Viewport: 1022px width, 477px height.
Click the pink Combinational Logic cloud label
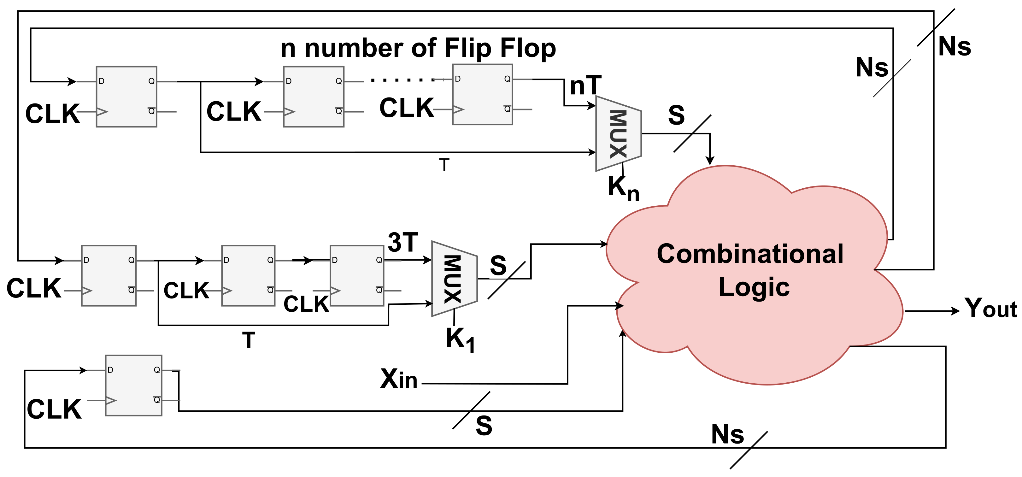(750, 270)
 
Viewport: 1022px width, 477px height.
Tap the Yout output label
(991, 308)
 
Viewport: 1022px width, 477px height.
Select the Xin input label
(398, 379)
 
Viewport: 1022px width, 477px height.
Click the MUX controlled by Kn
(618, 134)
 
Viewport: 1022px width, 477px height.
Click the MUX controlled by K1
(454, 279)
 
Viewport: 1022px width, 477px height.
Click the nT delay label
(585, 86)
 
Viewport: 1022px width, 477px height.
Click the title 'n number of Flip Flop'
(418, 48)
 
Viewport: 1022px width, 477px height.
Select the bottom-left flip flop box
(134, 385)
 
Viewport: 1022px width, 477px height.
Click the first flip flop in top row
(126, 97)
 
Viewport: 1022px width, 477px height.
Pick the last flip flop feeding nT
(482, 94)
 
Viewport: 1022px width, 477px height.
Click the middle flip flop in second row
(248, 275)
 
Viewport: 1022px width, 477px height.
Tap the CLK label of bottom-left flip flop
(54, 409)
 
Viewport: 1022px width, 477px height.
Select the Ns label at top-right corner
(954, 46)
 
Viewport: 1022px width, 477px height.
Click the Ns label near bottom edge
(727, 434)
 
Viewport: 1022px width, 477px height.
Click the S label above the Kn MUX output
(676, 115)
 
